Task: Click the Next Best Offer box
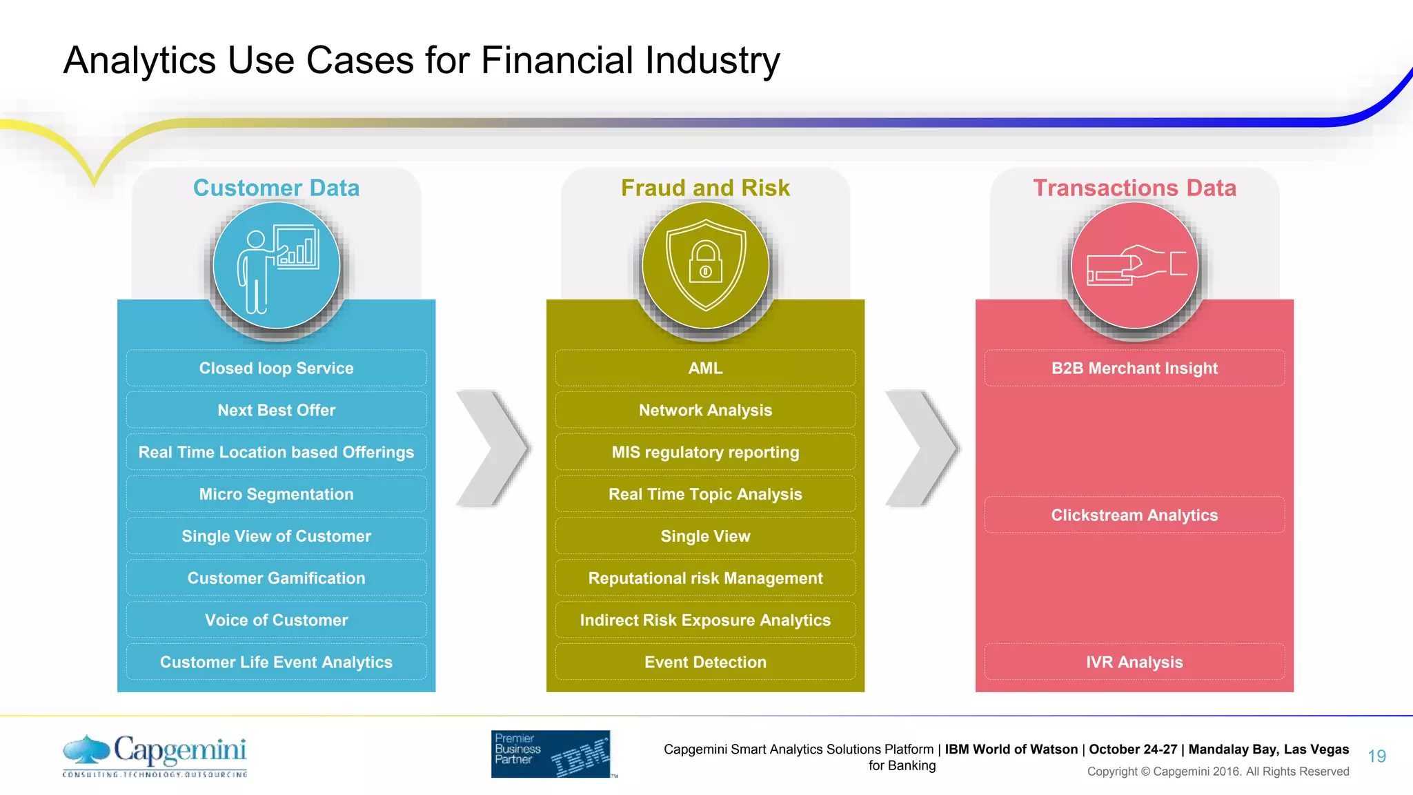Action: point(276,410)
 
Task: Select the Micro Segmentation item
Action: point(276,494)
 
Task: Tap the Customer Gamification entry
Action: point(276,578)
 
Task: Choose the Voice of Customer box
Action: point(276,620)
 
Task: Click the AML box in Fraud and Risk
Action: point(705,368)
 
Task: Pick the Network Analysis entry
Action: point(705,410)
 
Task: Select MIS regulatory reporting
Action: point(705,452)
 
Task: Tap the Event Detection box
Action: point(705,662)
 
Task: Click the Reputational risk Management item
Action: point(705,578)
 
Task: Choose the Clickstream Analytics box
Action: point(1134,516)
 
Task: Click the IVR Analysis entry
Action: point(1134,662)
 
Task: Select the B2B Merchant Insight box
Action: point(1134,368)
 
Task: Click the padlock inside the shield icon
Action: point(705,263)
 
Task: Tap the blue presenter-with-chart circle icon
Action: point(276,266)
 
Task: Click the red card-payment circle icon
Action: point(1134,266)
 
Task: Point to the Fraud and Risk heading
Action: point(705,188)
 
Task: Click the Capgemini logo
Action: point(155,755)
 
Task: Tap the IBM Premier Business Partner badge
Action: point(551,754)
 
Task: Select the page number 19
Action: point(1376,756)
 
